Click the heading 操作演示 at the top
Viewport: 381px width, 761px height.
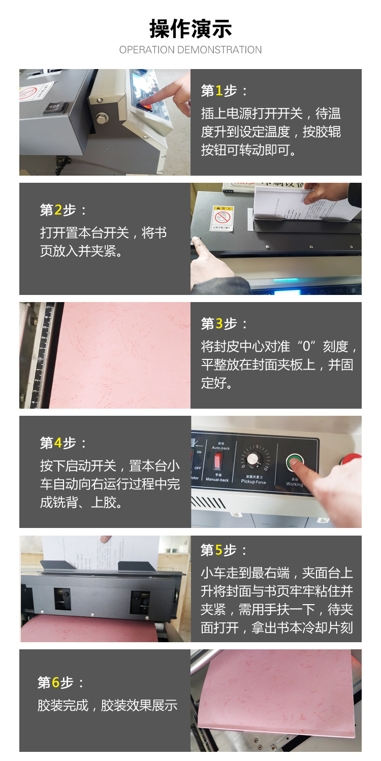coord(190,28)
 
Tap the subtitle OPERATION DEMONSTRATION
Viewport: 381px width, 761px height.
coord(190,50)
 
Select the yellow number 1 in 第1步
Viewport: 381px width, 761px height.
coord(219,91)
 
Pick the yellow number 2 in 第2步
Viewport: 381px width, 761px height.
coord(58,210)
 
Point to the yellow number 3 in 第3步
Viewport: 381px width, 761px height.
coord(219,323)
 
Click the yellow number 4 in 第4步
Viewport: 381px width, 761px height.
coord(58,443)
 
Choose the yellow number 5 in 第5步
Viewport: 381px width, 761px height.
coord(219,550)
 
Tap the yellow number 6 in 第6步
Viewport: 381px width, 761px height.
coord(56,682)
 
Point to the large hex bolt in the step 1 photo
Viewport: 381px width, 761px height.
coord(102,118)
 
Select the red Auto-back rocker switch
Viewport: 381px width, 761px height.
coord(218,460)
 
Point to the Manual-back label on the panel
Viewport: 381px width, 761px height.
coord(217,480)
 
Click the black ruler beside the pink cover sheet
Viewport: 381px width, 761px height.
coord(46,355)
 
